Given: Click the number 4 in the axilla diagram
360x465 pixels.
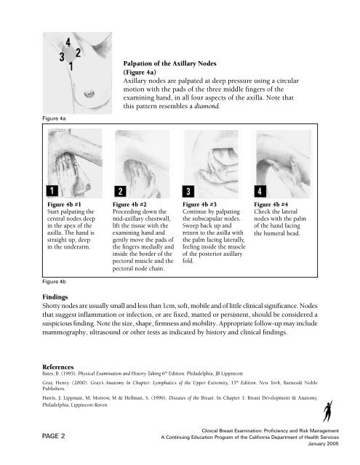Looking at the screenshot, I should click(68, 45).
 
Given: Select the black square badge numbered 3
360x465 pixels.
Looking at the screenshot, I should click(189, 191).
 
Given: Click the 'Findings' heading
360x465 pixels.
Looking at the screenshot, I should click(60, 318).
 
